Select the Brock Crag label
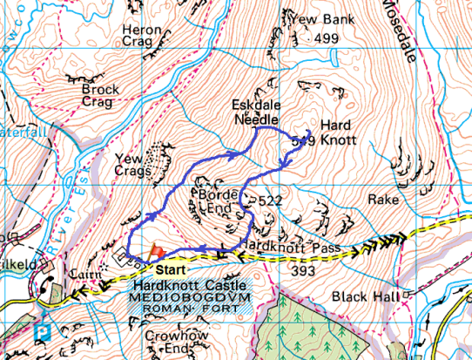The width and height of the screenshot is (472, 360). click(99, 95)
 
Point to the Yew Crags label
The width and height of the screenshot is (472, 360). click(133, 166)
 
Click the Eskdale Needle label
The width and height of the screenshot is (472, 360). click(254, 112)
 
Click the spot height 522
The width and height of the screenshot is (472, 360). click(271, 201)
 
